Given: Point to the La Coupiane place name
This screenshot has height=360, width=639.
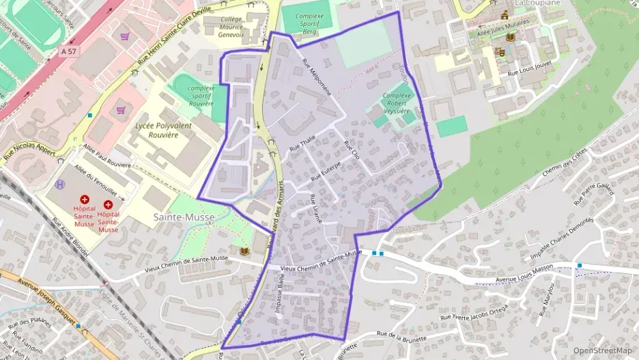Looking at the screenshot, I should coord(537,3).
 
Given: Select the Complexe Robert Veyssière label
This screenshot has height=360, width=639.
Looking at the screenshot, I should coord(397,103).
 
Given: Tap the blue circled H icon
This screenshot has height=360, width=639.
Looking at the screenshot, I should coord(61,184).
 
